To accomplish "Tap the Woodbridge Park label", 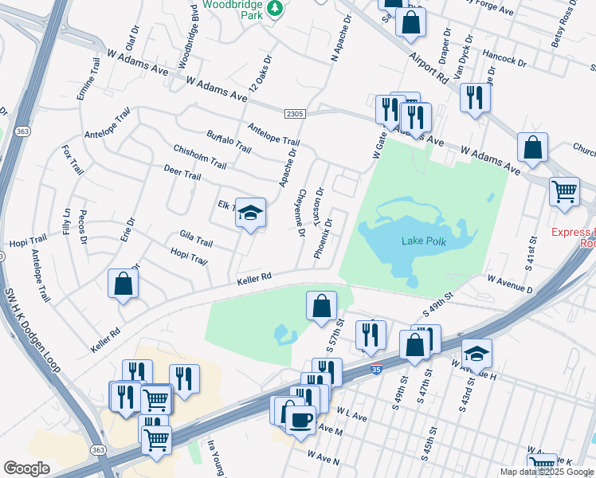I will click(232, 10).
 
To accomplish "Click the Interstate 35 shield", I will click(375, 369).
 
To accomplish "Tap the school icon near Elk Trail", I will click(250, 214).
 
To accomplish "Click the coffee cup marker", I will click(300, 420).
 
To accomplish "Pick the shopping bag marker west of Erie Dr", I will click(124, 284).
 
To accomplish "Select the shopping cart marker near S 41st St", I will click(565, 192).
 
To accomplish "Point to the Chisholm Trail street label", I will click(199, 159).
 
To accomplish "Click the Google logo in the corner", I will click(27, 468).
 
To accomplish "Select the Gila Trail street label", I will click(196, 239).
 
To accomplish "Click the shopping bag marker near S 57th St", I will click(320, 306).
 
